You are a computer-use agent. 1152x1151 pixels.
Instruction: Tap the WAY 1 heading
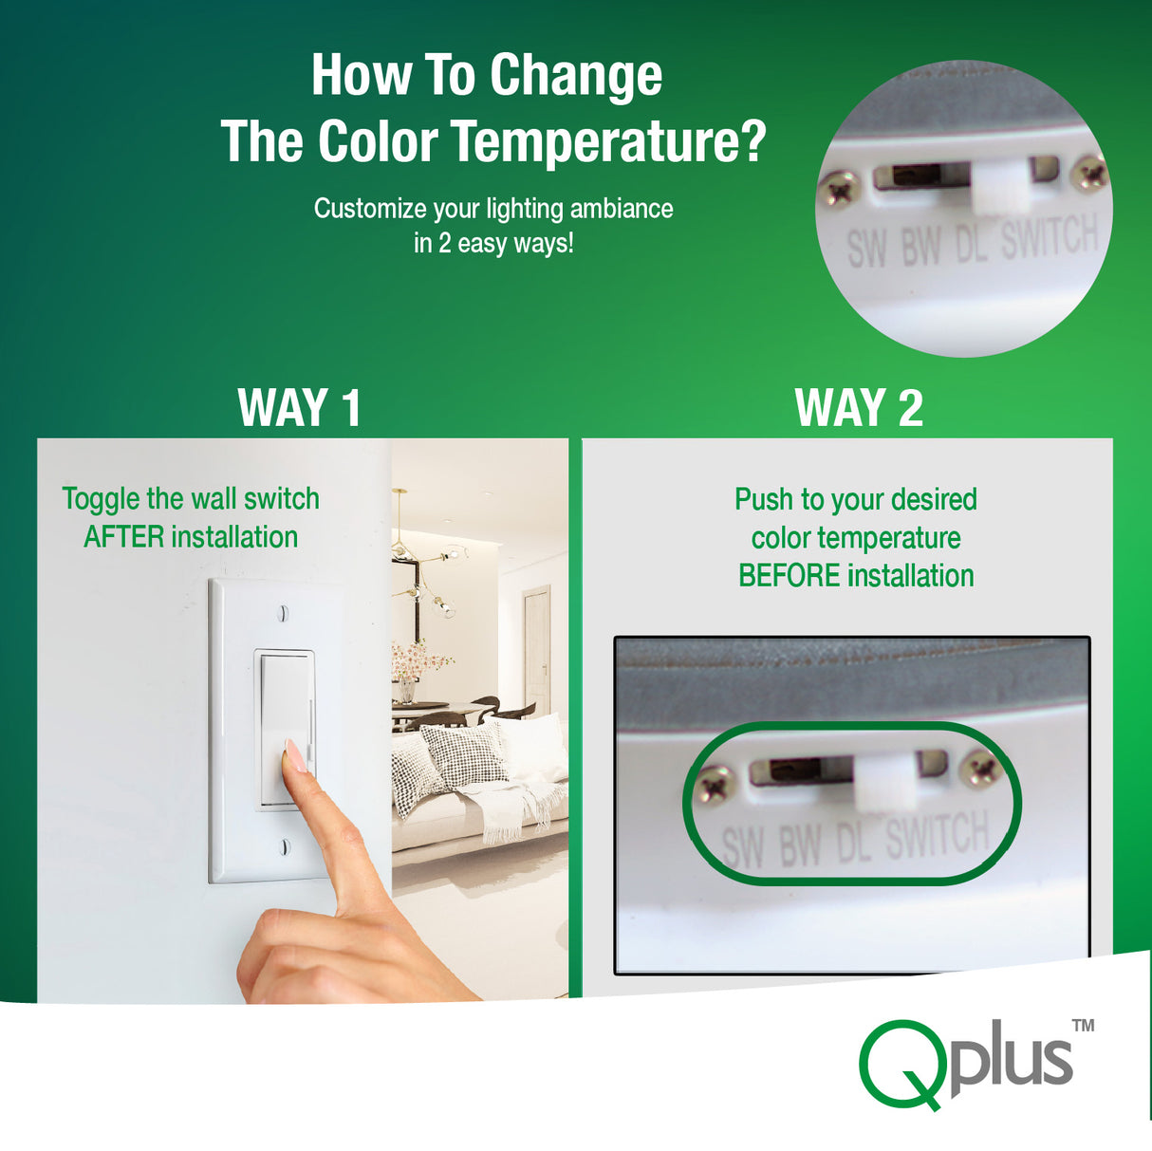click(300, 408)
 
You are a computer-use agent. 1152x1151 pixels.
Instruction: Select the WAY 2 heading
click(859, 408)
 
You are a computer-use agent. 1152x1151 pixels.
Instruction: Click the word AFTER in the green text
click(123, 537)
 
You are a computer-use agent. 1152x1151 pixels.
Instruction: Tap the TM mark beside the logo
click(1084, 1026)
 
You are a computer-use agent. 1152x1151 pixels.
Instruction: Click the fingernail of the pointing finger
click(295, 755)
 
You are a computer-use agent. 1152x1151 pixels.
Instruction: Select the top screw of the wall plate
click(284, 612)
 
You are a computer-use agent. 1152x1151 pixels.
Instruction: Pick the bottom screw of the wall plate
click(285, 846)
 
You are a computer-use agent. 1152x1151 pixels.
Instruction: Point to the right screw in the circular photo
click(1089, 175)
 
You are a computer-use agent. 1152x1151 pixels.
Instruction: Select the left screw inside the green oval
click(715, 784)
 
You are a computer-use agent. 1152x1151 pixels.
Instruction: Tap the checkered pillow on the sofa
click(463, 755)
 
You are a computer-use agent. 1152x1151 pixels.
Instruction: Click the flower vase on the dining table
click(406, 690)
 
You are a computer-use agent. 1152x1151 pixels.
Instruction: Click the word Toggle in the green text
click(101, 499)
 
